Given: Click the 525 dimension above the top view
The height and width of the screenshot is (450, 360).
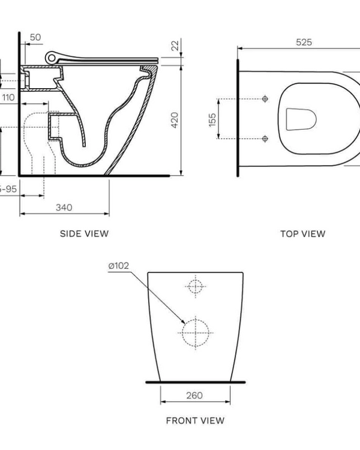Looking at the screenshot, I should coord(304,43).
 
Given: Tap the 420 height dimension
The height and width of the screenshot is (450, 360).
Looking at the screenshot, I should coord(175,121).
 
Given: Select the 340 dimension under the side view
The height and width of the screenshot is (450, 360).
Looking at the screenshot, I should coord(64,207).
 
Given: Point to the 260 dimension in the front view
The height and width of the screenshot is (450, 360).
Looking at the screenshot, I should coord(194,395).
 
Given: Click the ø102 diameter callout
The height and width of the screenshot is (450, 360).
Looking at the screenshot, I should coord(119,266).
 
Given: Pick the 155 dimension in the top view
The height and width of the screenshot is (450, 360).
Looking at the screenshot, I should coord(212,119).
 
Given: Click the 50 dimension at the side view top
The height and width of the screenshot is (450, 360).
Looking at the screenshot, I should coord(35,37).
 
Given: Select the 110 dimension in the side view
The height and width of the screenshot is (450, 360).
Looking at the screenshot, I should coord(8,97).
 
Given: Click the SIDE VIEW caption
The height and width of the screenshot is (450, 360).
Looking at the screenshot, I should coord(84,233).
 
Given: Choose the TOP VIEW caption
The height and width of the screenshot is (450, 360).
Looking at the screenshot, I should coord(302,233).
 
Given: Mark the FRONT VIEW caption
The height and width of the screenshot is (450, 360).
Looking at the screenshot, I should coord(195,421).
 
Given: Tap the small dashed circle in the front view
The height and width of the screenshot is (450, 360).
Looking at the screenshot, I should coord(195,286).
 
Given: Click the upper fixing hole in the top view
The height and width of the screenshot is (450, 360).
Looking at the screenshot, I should coord(265,99).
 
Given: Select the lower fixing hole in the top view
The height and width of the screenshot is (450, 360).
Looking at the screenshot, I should coord(265,139).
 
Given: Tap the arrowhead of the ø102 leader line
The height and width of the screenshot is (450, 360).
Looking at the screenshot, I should coord(184,324).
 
